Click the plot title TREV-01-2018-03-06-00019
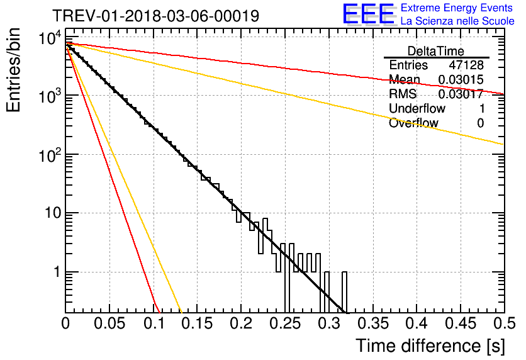pos(155,16)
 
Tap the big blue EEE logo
pos(368,14)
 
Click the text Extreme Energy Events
pos(457,8)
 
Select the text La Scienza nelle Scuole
pos(457,21)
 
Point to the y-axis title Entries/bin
pos(13,70)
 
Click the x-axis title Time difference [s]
pos(430,346)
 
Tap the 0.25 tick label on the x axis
pos(285,323)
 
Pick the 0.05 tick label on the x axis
pos(109,323)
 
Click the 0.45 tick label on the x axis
pos(461,323)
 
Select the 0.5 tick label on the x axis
pos(504,323)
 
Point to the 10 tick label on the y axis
pos(53,213)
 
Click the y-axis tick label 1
pos(57,272)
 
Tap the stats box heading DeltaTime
pos(436,51)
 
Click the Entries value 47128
pos(466,65)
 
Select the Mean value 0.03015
pos(461,79)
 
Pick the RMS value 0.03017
pos(461,94)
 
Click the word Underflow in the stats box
pos(417,108)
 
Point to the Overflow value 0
pos(480,123)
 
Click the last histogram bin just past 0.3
pos(344,292)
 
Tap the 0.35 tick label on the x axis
pos(373,323)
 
